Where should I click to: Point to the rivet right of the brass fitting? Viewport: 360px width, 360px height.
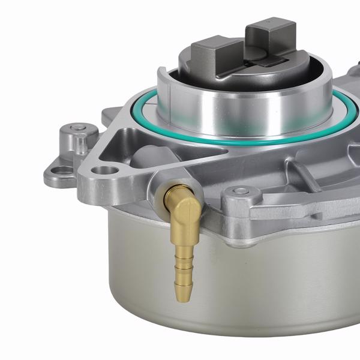coord(240,191)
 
